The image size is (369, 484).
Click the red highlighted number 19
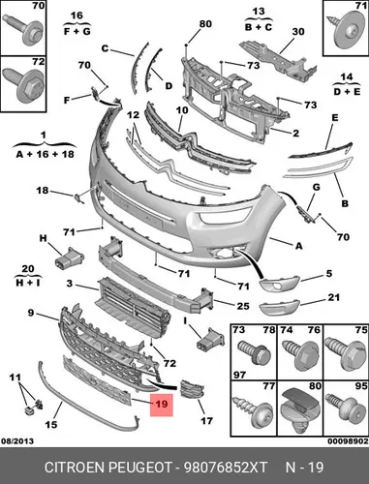(x=162, y=404)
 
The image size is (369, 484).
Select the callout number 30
(x=298, y=32)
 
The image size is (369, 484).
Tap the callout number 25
(x=243, y=305)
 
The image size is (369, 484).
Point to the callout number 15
(x=51, y=424)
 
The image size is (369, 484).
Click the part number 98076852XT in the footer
(x=226, y=468)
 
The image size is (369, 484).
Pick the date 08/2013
(x=17, y=441)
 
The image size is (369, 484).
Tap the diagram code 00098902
(x=349, y=441)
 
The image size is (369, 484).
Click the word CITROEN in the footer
(x=75, y=468)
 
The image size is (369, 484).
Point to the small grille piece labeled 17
(x=192, y=390)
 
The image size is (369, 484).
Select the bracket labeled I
(x=210, y=338)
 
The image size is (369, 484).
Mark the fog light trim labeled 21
(x=280, y=308)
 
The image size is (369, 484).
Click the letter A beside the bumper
(x=299, y=246)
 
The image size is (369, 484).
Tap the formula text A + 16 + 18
(x=46, y=154)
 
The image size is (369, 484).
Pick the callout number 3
(x=70, y=284)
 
